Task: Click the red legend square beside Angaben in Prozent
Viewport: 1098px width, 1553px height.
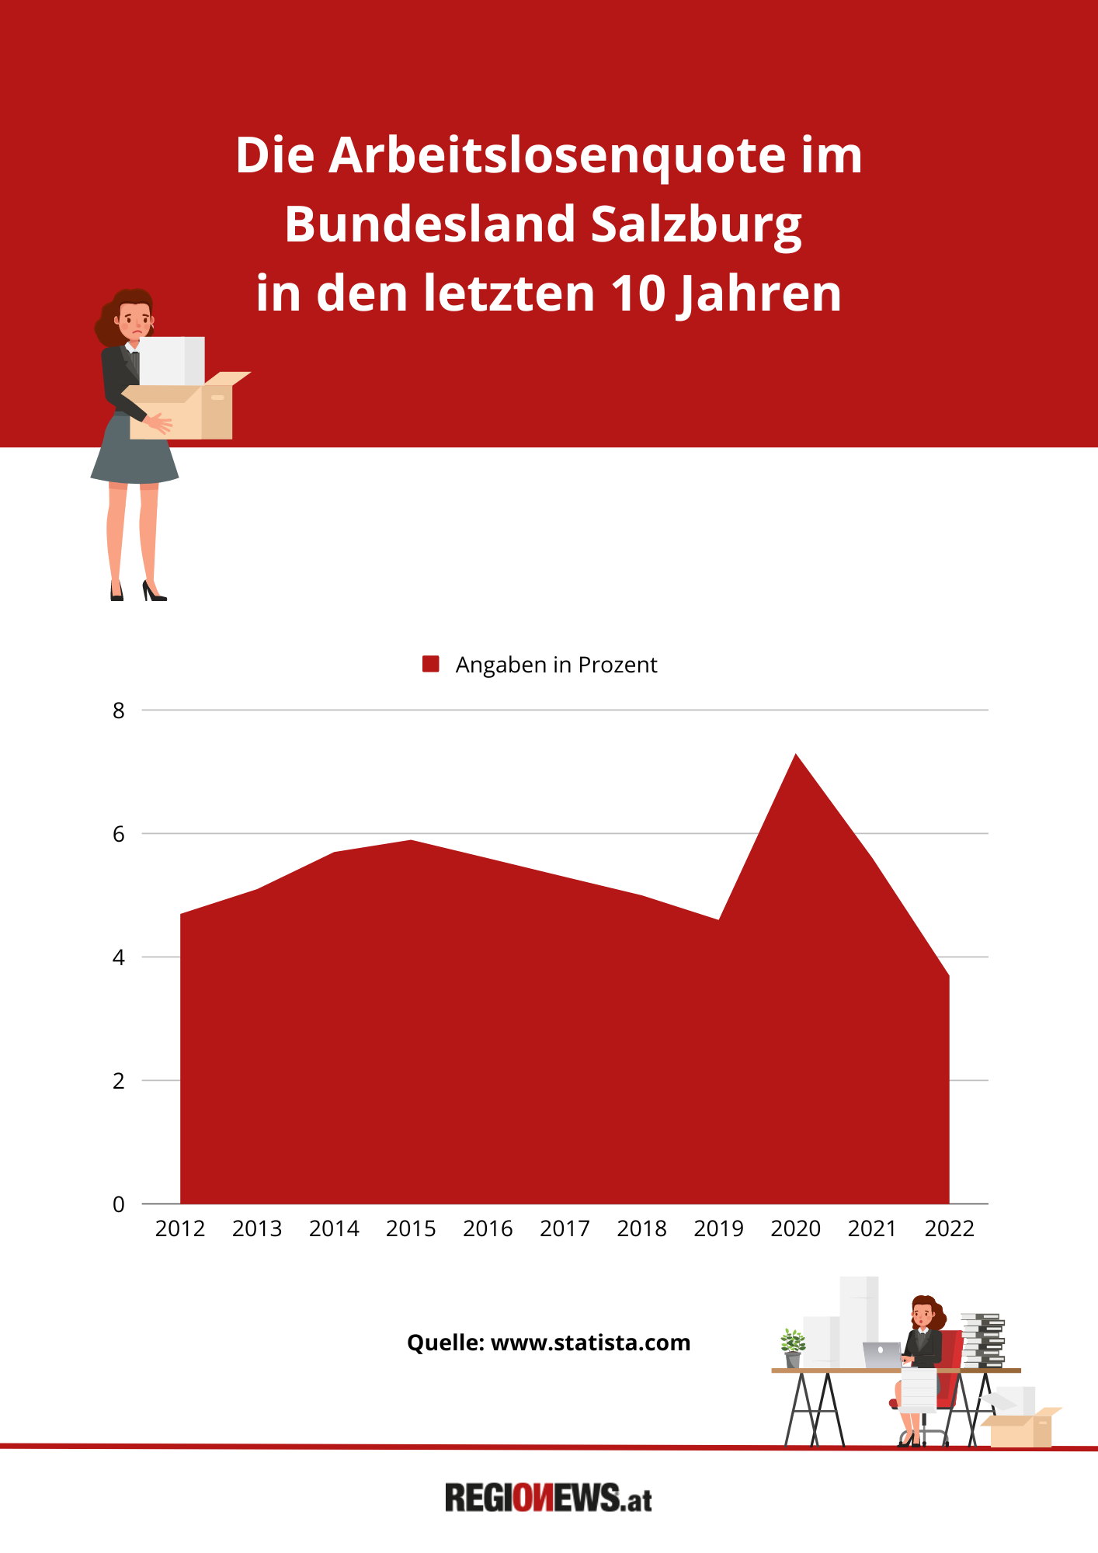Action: [431, 664]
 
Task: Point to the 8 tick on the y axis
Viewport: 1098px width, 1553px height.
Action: [119, 710]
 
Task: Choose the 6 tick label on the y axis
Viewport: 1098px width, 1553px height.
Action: [119, 834]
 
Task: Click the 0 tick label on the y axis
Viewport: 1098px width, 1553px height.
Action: [119, 1204]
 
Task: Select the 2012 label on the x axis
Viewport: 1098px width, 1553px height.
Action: [180, 1228]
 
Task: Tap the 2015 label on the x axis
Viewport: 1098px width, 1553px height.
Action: [411, 1228]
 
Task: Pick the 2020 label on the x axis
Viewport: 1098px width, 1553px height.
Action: [795, 1228]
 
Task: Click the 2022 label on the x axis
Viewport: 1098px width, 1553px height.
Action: [949, 1228]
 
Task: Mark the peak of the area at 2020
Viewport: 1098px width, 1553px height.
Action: [795, 756]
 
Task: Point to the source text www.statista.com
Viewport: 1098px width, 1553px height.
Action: [590, 1343]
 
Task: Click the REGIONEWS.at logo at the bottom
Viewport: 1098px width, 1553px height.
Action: [548, 1498]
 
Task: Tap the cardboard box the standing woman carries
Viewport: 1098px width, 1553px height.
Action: [186, 412]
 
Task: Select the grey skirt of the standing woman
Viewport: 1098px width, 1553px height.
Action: [135, 454]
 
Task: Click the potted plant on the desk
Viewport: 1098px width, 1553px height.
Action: [793, 1348]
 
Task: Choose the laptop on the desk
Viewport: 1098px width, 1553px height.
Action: [882, 1355]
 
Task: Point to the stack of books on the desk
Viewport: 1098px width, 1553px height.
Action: [982, 1339]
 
